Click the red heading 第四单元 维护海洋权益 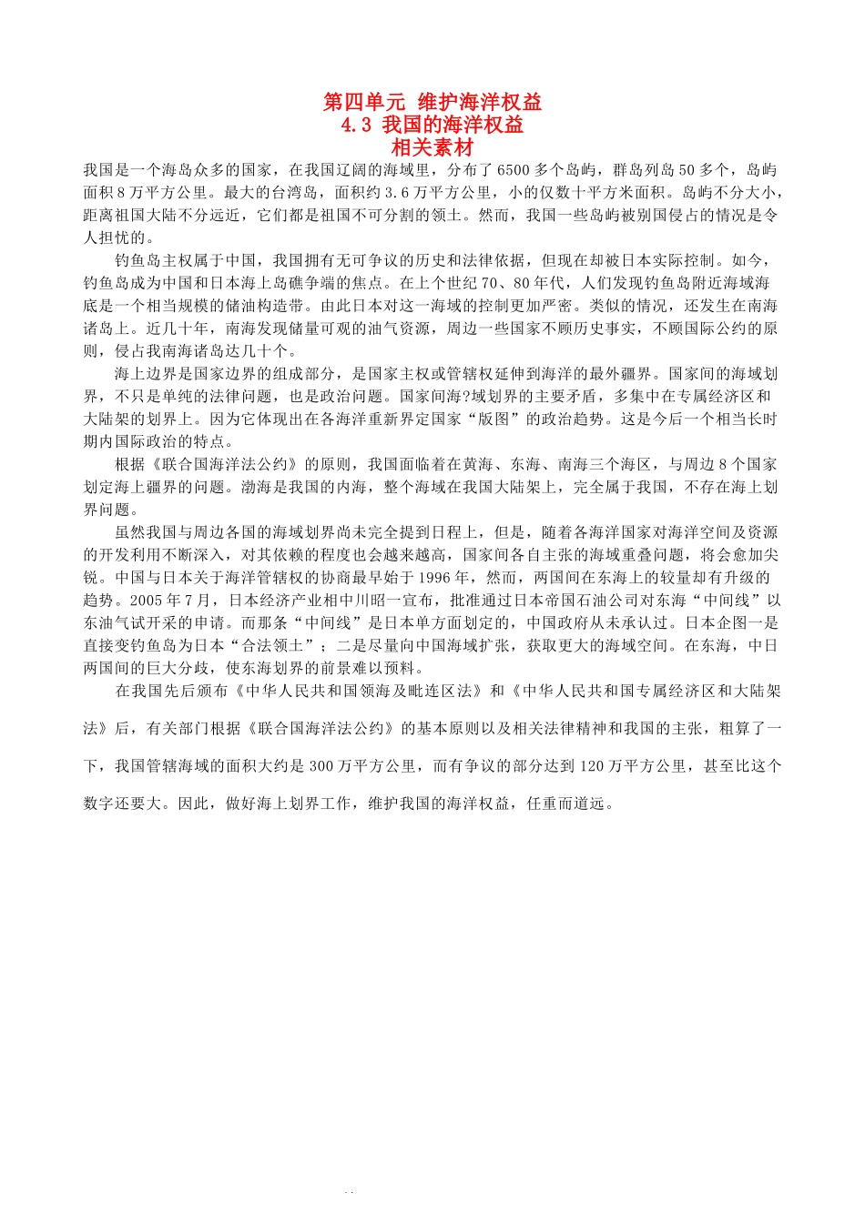(x=432, y=102)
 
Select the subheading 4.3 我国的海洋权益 (x=432, y=125)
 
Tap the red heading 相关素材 (x=432, y=147)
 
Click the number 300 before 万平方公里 (x=322, y=766)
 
